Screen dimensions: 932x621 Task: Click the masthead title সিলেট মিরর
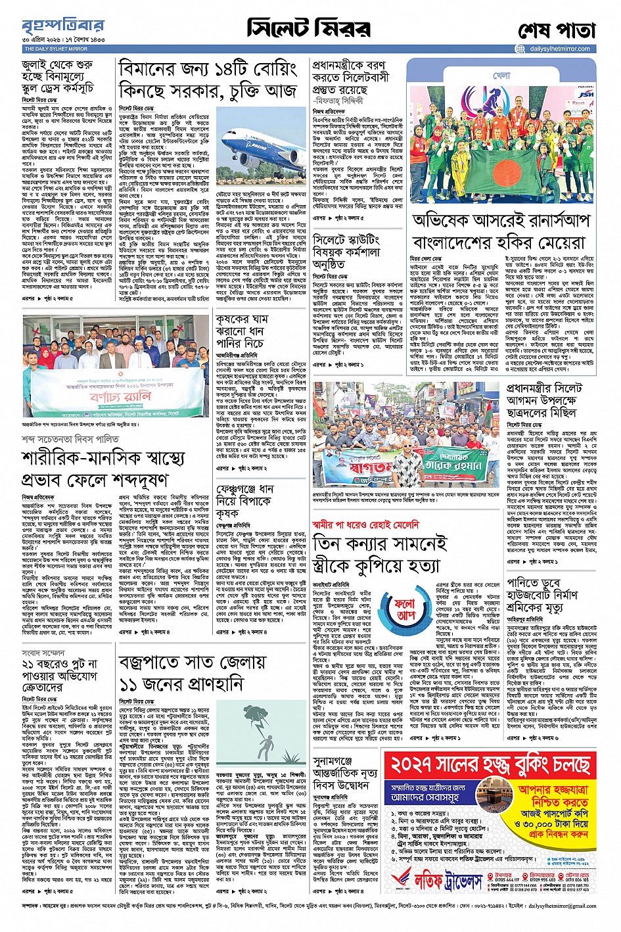[x=308, y=28]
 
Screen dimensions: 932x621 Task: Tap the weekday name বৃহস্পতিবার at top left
[x=63, y=26]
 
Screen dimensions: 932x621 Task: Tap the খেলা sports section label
[x=501, y=76]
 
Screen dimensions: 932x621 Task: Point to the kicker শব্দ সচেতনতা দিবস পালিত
[x=70, y=438]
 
